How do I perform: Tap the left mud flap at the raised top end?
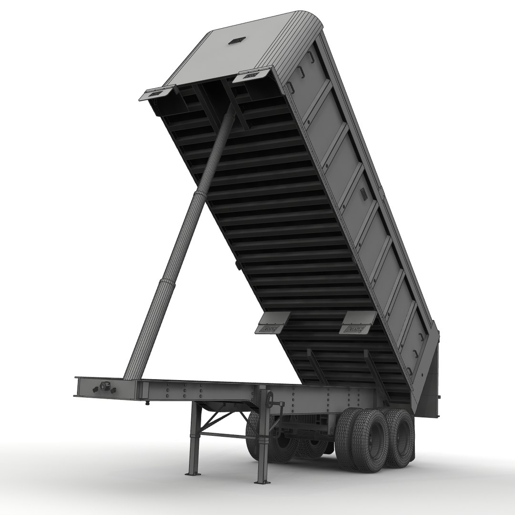point(156,93)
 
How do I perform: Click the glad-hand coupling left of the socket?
point(94,390)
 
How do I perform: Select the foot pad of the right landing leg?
point(262,481)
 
